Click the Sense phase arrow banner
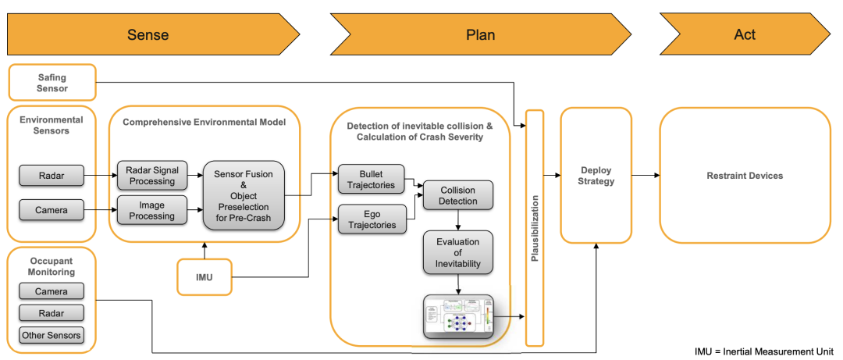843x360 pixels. (148, 35)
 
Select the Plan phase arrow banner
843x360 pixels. (480, 35)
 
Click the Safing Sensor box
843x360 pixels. (52, 83)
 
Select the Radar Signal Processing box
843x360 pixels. (152, 176)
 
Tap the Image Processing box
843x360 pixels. (152, 210)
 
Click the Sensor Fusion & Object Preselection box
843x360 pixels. (243, 194)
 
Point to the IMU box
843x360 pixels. (205, 277)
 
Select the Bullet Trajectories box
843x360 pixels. (372, 178)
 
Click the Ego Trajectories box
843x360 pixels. (372, 218)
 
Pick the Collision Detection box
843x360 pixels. (457, 195)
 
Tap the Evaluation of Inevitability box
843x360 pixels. (457, 251)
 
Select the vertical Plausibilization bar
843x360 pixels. (535, 227)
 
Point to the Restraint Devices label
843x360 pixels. (745, 176)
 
